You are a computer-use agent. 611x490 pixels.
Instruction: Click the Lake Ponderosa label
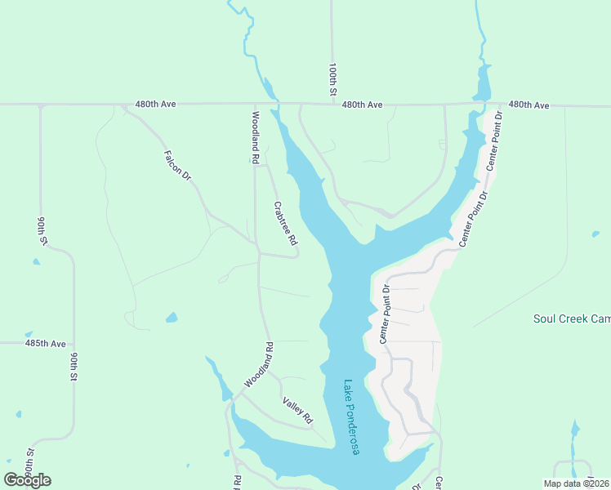tap(351, 417)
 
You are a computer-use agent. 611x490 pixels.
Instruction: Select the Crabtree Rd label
tap(285, 223)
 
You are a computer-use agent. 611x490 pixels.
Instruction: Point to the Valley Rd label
tap(297, 410)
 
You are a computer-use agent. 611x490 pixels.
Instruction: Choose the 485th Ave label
tap(45, 344)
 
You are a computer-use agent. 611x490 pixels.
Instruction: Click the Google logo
tap(27, 480)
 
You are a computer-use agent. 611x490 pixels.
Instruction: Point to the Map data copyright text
tap(576, 483)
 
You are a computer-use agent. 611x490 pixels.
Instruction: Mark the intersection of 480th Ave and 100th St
tap(332, 105)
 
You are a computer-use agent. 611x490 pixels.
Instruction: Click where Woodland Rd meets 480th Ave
tap(254, 105)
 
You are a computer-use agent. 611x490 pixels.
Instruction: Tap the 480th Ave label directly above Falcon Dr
tap(155, 105)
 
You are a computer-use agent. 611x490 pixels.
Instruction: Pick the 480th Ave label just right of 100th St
tap(362, 105)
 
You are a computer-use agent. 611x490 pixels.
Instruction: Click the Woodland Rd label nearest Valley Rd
tap(258, 370)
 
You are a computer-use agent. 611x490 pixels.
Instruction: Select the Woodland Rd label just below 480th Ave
tap(256, 135)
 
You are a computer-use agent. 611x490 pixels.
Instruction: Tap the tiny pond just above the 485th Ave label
tap(29, 334)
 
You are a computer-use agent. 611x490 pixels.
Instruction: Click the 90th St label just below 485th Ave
tap(74, 367)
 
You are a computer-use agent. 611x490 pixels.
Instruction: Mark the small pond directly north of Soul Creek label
tap(595, 234)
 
